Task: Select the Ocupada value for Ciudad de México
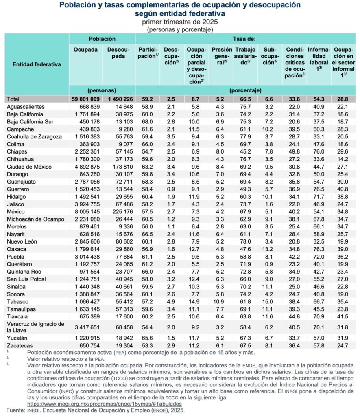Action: [85, 166]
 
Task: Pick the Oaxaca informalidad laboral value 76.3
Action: [319, 249]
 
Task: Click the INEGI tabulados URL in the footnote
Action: [104, 404]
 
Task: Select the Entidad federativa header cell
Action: [37, 64]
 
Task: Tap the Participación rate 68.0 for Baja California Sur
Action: [146, 121]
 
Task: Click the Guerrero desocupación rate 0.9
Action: [172, 189]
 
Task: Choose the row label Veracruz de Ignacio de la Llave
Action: [36, 327]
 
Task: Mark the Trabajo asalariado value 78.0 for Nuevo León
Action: [246, 241]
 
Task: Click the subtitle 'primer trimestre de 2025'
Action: [179, 22]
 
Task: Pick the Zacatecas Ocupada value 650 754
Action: [85, 346]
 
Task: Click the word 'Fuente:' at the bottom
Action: [15, 410]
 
